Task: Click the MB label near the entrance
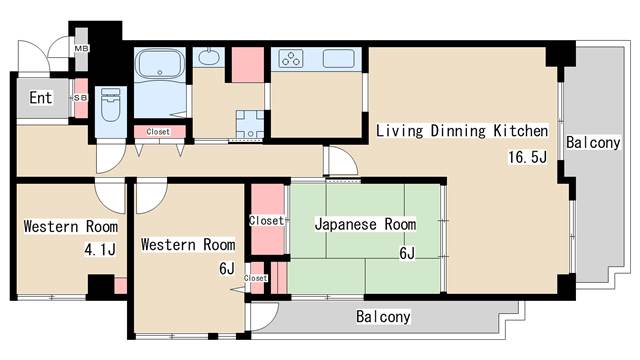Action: [81, 49]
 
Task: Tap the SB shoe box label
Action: [80, 98]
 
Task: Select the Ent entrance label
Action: [41, 98]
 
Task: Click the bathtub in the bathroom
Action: [160, 64]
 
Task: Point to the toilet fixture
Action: [110, 104]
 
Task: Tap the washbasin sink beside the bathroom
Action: [209, 57]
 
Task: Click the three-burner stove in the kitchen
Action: [291, 58]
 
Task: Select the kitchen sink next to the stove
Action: [338, 58]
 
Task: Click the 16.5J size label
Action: [527, 157]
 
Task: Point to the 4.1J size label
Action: [100, 249]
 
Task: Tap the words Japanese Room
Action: [365, 224]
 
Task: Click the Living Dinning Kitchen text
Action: [462, 131]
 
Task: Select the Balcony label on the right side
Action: [593, 142]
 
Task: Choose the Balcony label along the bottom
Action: [383, 316]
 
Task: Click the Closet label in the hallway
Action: [158, 132]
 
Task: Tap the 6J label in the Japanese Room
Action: [407, 253]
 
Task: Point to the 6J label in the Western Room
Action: [227, 269]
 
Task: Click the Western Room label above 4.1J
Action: [71, 226]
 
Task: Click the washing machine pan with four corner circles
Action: [250, 124]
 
